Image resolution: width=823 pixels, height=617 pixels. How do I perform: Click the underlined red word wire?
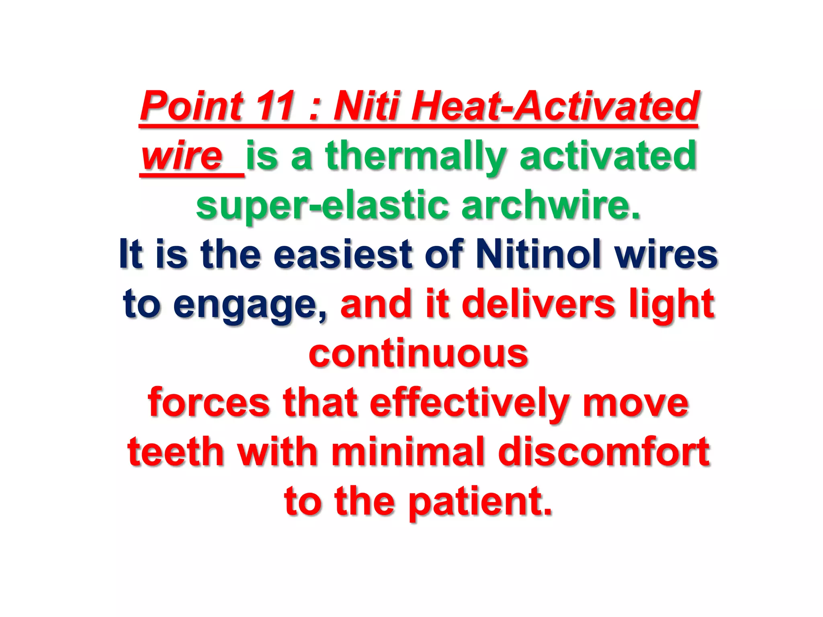click(x=182, y=156)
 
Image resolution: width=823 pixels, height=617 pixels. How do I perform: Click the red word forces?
click(x=209, y=403)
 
